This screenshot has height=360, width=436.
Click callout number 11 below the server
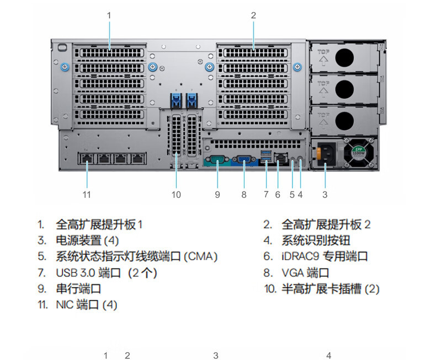point(86,194)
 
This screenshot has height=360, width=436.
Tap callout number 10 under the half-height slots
point(176,194)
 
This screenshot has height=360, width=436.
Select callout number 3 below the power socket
point(325,194)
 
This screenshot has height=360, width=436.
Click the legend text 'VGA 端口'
point(305,272)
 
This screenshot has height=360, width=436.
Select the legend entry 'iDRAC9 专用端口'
point(325,256)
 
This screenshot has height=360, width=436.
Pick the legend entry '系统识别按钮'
point(316,240)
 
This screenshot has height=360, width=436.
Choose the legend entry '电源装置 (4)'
point(87,240)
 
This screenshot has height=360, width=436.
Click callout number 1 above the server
point(109,15)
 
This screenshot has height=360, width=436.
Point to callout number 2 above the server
point(253,15)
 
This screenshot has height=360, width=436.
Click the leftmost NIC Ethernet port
point(87,158)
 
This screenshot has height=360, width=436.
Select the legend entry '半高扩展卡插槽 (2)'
point(331,288)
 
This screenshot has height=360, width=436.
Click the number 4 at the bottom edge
point(328,356)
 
